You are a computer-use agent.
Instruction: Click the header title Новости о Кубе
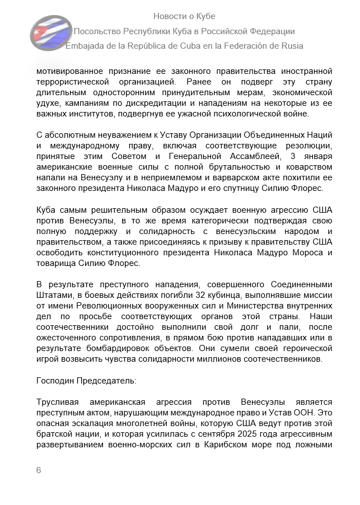184,16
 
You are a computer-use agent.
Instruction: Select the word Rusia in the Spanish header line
290,46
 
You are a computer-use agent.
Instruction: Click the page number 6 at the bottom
39,470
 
